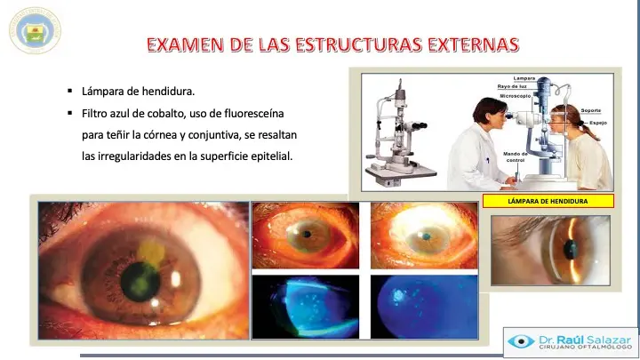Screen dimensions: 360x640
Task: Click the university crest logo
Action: (x=36, y=30)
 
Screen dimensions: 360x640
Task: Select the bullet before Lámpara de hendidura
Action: (x=69, y=92)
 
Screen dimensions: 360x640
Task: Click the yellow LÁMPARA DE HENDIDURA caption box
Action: (x=548, y=202)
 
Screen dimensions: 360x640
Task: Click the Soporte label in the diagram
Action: (x=592, y=110)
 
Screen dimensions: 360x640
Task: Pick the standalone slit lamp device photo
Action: (x=402, y=133)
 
